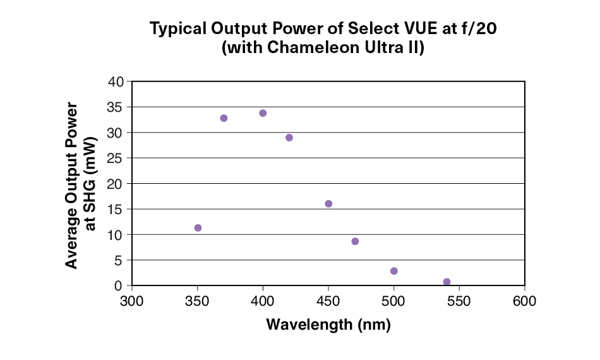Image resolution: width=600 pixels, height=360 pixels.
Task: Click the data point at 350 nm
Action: pyautogui.click(x=198, y=228)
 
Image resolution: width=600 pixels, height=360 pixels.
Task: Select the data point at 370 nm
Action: pyautogui.click(x=224, y=118)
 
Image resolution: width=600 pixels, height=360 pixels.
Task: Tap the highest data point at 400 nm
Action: pyautogui.click(x=263, y=113)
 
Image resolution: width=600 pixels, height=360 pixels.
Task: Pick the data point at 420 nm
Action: pyautogui.click(x=289, y=138)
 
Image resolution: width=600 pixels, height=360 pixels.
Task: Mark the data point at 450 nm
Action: pyautogui.click(x=328, y=203)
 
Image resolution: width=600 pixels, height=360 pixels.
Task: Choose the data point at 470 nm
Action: pyautogui.click(x=355, y=241)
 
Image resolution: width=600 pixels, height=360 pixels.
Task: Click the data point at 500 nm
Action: pyautogui.click(x=394, y=271)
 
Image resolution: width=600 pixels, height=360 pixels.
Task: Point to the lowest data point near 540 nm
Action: pyautogui.click(x=447, y=282)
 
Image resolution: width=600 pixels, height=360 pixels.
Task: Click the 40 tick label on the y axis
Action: pyautogui.click(x=116, y=81)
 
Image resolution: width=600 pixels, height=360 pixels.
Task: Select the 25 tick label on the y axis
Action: pyautogui.click(x=116, y=158)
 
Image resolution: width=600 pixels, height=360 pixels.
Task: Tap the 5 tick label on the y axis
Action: pyautogui.click(x=119, y=260)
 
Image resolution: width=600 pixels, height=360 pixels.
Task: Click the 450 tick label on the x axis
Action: pyautogui.click(x=328, y=300)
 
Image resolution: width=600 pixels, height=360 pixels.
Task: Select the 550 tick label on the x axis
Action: pyautogui.click(x=459, y=300)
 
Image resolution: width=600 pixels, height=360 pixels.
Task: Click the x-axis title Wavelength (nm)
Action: pyautogui.click(x=328, y=325)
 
